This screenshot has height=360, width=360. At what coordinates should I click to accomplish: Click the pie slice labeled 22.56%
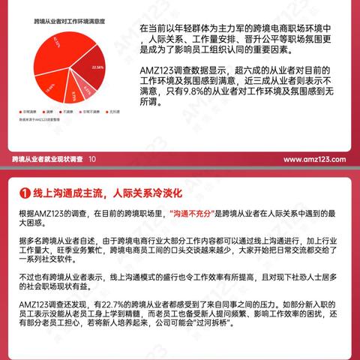tap(97, 68)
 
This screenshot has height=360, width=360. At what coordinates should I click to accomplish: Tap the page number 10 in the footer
tap(91, 160)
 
